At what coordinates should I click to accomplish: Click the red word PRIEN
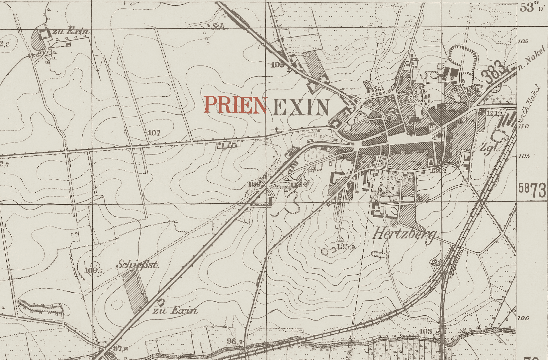point(235,105)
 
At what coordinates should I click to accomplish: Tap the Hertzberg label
point(404,234)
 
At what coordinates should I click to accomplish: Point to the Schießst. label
point(138,265)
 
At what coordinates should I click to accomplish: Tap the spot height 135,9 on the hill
point(346,246)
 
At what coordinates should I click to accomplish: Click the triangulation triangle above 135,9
point(341,239)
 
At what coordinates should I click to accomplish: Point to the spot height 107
point(154,133)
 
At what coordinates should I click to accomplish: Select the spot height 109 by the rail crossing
point(254,184)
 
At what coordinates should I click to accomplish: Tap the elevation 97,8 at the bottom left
point(120,348)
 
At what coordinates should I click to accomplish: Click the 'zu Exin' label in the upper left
point(74,31)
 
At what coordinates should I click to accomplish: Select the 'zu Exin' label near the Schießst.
point(175,311)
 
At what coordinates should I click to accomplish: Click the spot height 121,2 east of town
point(494,113)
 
